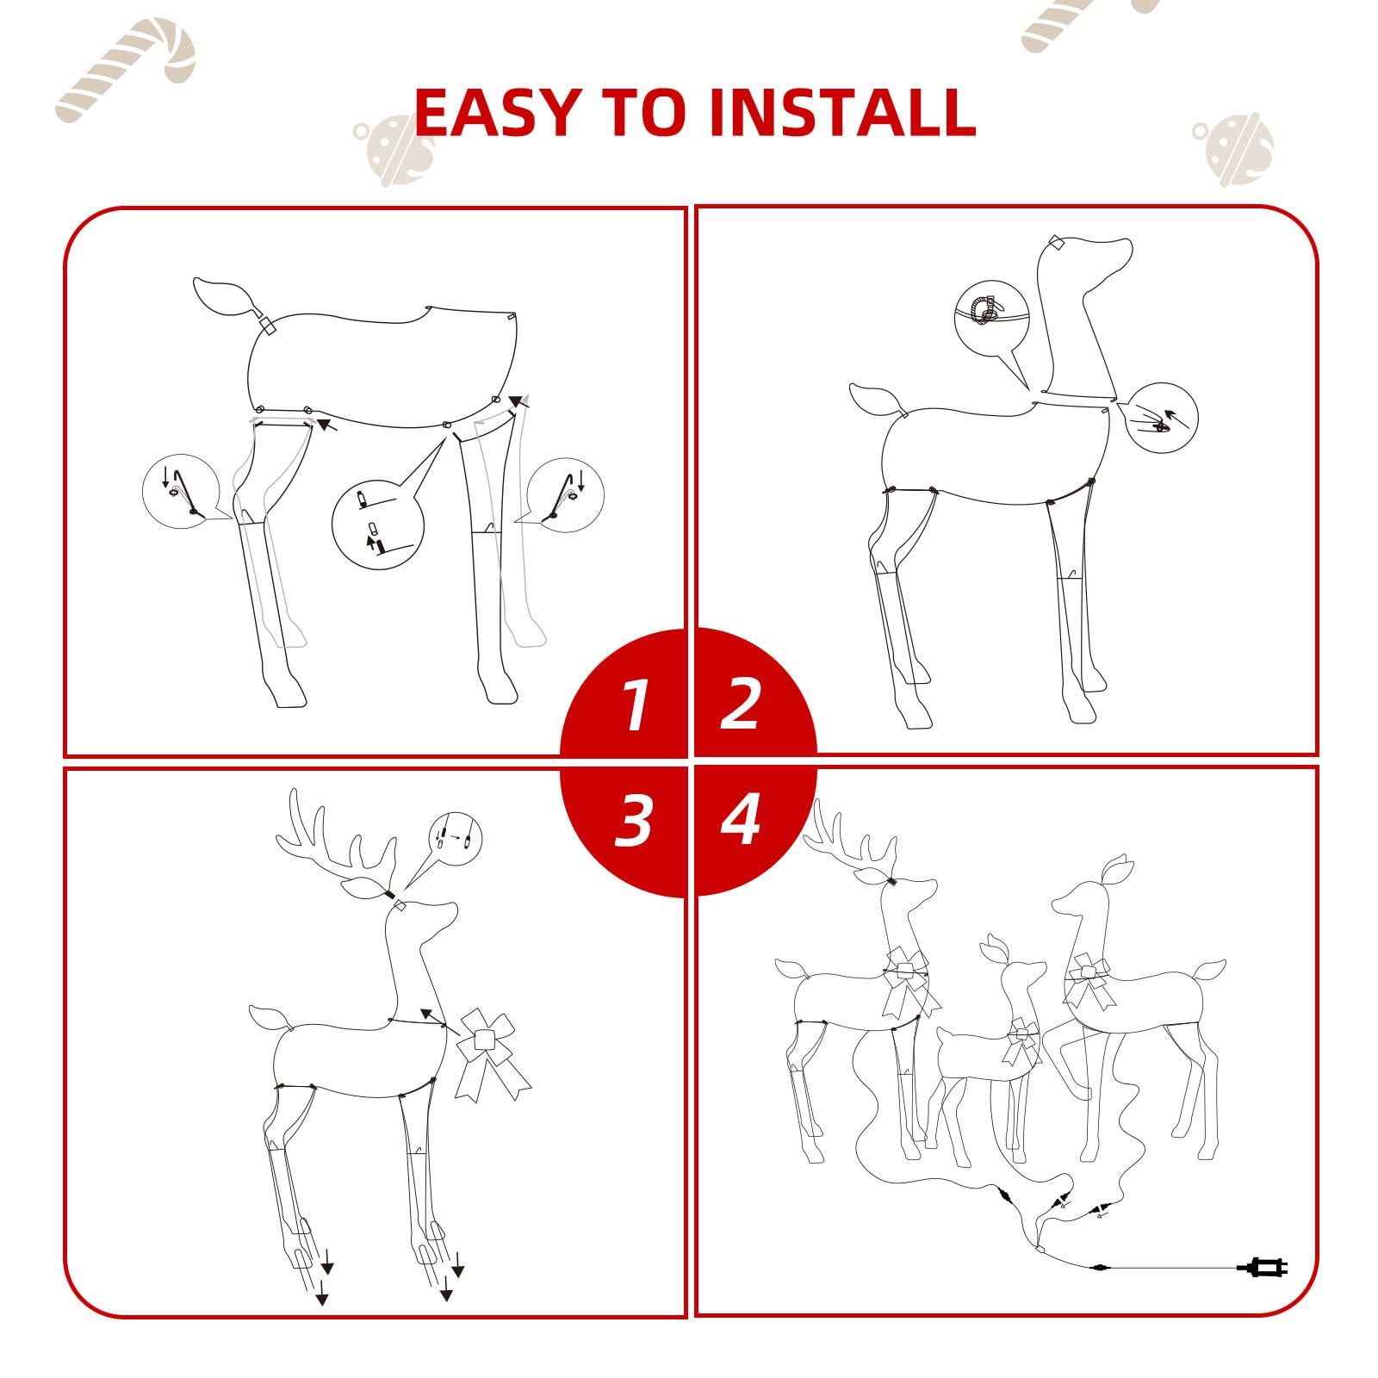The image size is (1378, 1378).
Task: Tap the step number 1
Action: (636, 705)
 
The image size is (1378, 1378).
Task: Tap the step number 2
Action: (740, 704)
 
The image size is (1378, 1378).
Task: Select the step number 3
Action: (634, 819)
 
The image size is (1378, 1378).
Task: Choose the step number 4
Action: (741, 819)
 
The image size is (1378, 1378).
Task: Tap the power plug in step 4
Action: (1262, 1267)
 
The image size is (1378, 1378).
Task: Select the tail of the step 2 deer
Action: (876, 400)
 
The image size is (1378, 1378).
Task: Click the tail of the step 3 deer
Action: (271, 1018)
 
